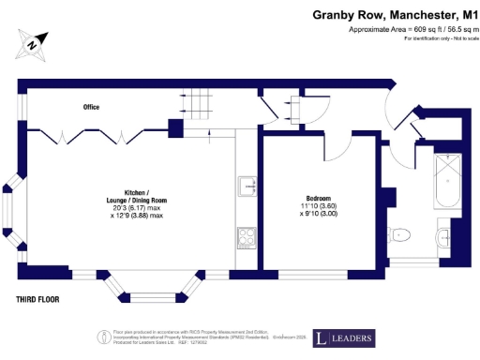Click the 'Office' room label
pyautogui.click(x=91, y=108)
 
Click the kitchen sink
pyautogui.click(x=247, y=186)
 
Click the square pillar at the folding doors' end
pyautogui.click(x=174, y=127)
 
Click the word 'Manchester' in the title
pyautogui.click(x=404, y=15)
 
